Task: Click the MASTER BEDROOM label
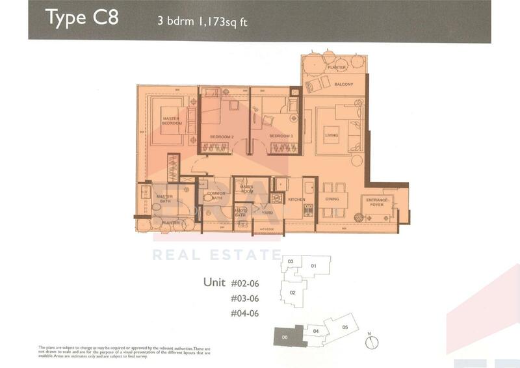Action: [x=172, y=120]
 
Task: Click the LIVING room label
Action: [x=332, y=135]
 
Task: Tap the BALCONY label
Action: [x=343, y=85]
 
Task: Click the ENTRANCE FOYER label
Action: [x=376, y=202]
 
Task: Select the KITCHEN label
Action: [x=296, y=200]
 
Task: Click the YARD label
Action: [x=266, y=212]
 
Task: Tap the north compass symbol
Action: [x=369, y=341]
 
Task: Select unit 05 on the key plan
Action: [x=345, y=327]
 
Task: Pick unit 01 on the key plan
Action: [x=313, y=266]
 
